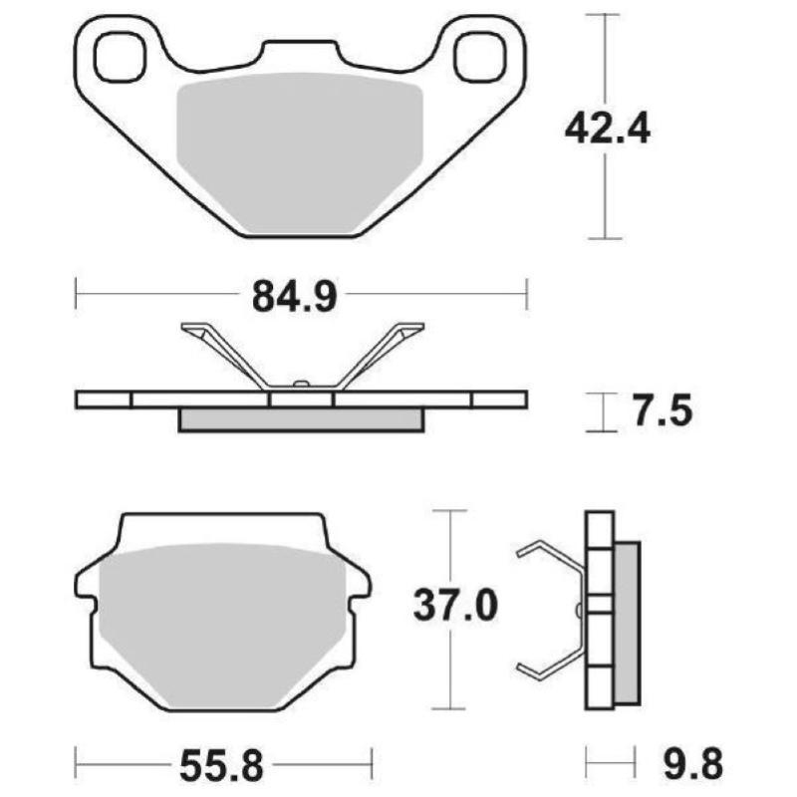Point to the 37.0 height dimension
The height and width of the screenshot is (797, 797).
point(453,605)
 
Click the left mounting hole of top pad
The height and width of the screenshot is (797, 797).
point(121,56)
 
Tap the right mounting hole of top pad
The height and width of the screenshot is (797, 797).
point(482,56)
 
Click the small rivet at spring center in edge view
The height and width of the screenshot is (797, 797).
point(300,383)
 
